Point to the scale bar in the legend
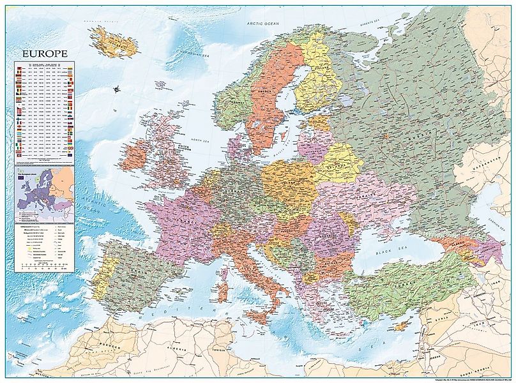pyautogui.click(x=45, y=265)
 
